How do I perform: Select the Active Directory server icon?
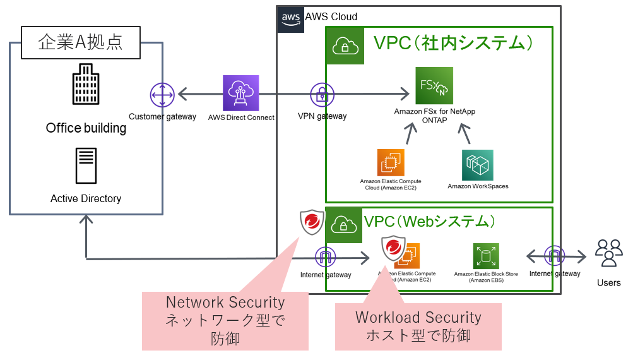(86, 166)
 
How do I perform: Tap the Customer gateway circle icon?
(162, 95)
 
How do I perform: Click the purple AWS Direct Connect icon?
(240, 93)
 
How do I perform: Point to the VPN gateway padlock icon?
(322, 95)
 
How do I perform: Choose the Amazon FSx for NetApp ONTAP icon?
(434, 85)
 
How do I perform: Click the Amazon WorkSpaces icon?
(478, 165)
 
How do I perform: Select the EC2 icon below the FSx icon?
(390, 162)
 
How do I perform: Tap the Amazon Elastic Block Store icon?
(486, 256)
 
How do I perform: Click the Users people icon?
(609, 253)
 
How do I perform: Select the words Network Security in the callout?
(225, 303)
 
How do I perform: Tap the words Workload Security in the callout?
(418, 317)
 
